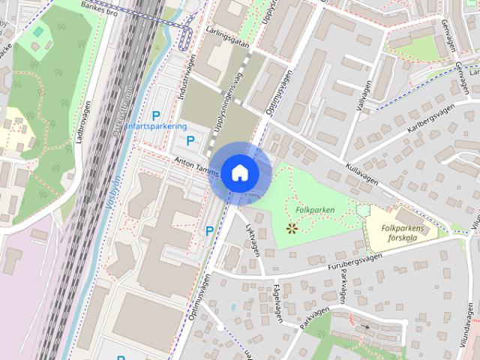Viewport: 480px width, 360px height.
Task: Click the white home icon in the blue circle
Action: coord(239,172)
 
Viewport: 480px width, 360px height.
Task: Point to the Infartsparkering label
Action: coord(156,127)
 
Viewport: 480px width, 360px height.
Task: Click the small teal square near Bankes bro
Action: coord(38,31)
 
